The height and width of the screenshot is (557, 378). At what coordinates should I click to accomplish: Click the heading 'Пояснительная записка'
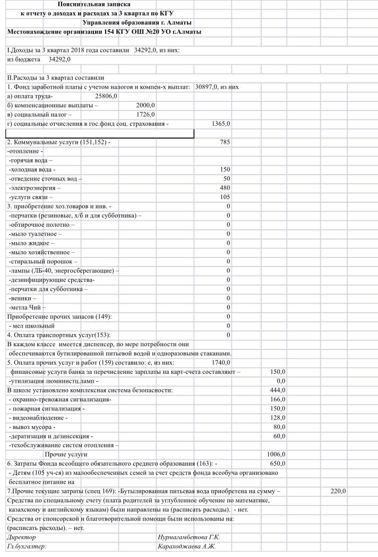pos(94,4)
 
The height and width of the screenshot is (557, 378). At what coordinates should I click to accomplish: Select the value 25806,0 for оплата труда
pos(106,96)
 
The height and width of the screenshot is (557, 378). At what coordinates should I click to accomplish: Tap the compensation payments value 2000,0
pos(145,105)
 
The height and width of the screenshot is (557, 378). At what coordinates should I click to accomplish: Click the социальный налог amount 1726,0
pos(145,114)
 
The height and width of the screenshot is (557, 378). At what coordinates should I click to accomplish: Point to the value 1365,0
pos(221,124)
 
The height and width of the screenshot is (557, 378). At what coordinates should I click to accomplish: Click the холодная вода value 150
pos(225,169)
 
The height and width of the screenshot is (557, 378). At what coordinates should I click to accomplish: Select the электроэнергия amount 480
pos(225,188)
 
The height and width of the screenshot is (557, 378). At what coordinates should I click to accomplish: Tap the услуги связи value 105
pos(225,197)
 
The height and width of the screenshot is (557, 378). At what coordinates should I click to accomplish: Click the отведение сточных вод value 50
pos(227,179)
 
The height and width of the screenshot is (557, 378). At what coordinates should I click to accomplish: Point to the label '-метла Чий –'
pos(28,307)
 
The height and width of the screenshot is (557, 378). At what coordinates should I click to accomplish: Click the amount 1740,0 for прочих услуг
pos(221,362)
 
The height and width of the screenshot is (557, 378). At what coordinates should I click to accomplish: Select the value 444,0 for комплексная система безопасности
pos(277,390)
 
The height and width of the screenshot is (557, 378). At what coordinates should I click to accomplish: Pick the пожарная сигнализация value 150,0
pos(277,408)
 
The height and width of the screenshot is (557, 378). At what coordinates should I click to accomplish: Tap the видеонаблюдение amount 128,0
pos(277,418)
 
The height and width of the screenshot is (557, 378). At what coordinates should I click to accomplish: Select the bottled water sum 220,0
pos(338,491)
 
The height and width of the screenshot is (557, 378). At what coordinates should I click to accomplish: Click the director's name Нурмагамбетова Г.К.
pos(188,537)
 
